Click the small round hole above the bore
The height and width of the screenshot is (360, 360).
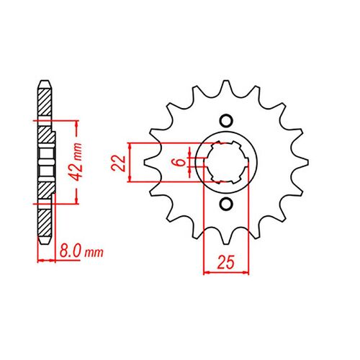(226, 120)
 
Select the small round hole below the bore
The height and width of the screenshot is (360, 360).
(226, 204)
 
